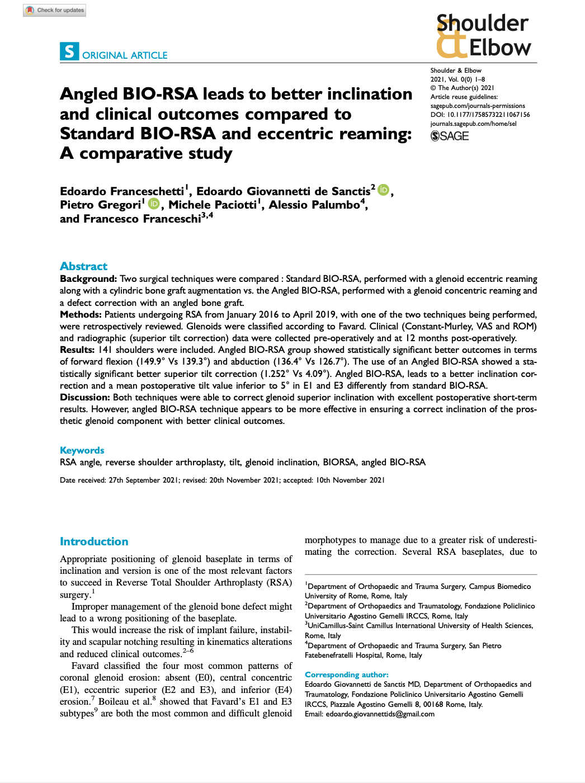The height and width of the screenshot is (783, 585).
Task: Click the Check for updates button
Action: pyautogui.click(x=55, y=10)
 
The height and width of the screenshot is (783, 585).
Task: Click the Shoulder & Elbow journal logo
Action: pyautogui.click(x=483, y=36)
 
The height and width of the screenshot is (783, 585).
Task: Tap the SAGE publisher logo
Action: pyautogui.click(x=450, y=136)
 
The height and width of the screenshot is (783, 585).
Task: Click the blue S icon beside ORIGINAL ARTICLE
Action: pyautogui.click(x=69, y=51)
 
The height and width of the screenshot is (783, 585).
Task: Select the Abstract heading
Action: pyautogui.click(x=83, y=266)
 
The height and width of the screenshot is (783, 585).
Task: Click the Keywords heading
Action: pyautogui.click(x=82, y=450)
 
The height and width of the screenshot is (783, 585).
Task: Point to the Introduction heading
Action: pyautogui.click(x=94, y=541)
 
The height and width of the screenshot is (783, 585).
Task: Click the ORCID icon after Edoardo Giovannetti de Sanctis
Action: pyautogui.click(x=383, y=190)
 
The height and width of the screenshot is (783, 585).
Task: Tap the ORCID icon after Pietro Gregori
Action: pyautogui.click(x=154, y=204)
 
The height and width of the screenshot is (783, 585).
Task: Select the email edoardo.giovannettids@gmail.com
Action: pyautogui.click(x=380, y=714)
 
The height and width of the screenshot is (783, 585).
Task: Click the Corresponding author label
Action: pyautogui.click(x=346, y=674)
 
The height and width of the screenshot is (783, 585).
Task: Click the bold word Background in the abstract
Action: pyautogui.click(x=88, y=279)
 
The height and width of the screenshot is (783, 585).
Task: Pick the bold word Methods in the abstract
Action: pyautogui.click(x=81, y=314)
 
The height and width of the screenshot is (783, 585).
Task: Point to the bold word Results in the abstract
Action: pyautogui.click(x=77, y=350)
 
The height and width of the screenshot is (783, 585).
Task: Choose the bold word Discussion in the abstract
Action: pyautogui.click(x=84, y=397)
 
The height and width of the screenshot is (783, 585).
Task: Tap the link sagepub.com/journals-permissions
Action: pyautogui.click(x=478, y=106)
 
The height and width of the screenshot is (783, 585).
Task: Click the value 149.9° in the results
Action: pyautogui.click(x=153, y=362)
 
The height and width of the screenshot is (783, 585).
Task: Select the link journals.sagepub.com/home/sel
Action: pyautogui.click(x=473, y=124)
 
